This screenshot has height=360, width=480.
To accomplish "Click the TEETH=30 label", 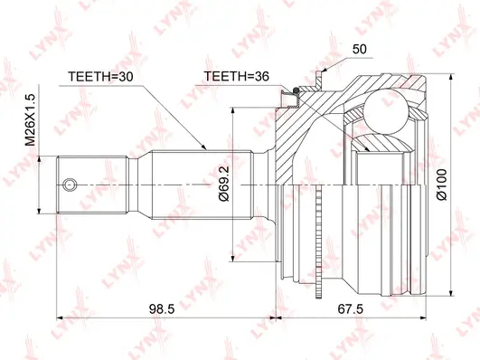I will pos(101,78).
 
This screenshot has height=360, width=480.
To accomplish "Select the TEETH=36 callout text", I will pos(237,78).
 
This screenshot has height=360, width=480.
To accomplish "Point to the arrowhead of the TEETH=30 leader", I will pos(205,147).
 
